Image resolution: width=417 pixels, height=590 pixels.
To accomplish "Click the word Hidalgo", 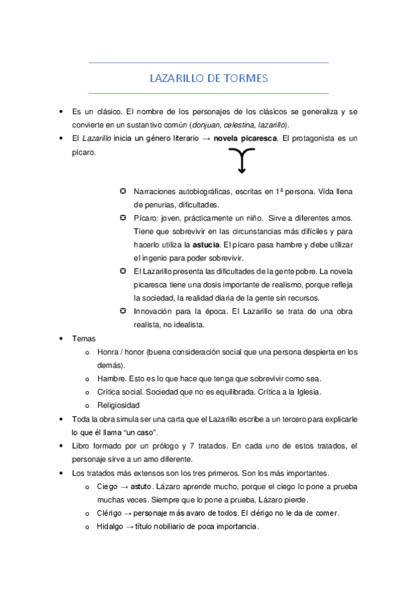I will tap(111, 527).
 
